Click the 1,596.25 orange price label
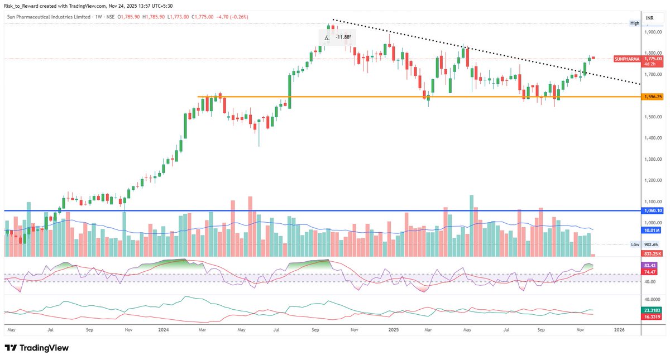[x=652, y=97]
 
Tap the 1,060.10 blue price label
[x=652, y=211]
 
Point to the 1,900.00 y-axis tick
[x=652, y=32]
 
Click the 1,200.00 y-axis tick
[x=652, y=181]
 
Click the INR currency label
[x=650, y=18]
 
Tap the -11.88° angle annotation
[x=343, y=37]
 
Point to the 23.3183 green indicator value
[x=652, y=310]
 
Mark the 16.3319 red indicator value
[x=652, y=316]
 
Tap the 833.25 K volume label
[x=652, y=253]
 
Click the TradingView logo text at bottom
[x=44, y=348]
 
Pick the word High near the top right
[x=635, y=23]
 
